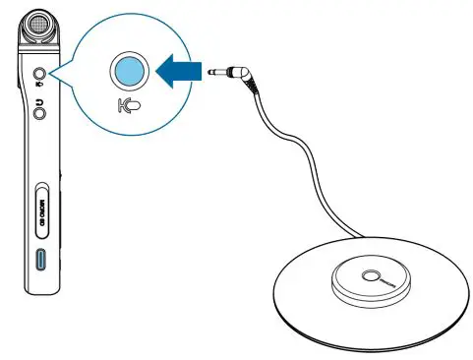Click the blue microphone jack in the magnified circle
pyautogui.click(x=129, y=71)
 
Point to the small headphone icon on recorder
pyautogui.click(x=40, y=98)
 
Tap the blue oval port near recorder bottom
pyautogui.click(x=42, y=261)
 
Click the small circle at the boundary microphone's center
pyautogui.click(x=375, y=275)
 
